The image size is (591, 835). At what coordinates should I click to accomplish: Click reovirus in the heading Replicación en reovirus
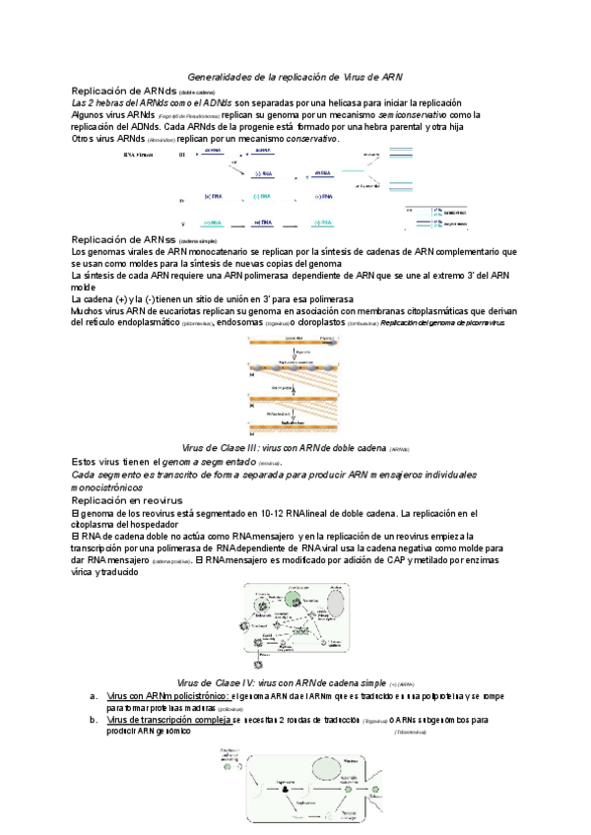pos(156,500)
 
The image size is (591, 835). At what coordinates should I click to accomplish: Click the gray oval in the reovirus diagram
pos(337,600)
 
